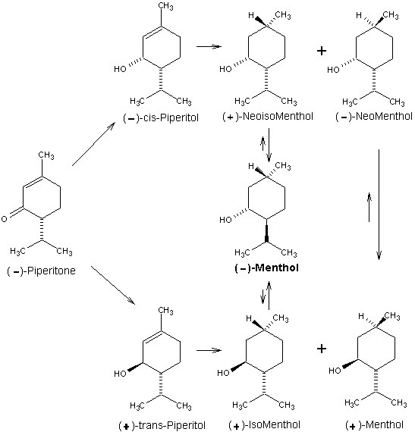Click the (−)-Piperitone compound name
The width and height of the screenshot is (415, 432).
click(x=42, y=271)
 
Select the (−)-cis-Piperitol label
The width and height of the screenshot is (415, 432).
click(x=161, y=118)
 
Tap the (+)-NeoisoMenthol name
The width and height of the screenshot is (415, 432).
click(x=268, y=116)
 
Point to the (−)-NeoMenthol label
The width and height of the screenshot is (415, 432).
click(x=374, y=116)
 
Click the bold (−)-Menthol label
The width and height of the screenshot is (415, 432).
click(x=266, y=268)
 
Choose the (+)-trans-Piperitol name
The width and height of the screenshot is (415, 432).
click(x=162, y=425)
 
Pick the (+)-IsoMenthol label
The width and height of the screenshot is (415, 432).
click(x=265, y=425)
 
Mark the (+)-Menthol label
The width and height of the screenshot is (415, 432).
click(x=374, y=425)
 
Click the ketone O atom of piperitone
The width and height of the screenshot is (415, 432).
click(x=4, y=219)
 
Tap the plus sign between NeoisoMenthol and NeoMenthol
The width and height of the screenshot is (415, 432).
click(x=322, y=51)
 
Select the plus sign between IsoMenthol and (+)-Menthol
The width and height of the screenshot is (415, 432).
click(x=322, y=349)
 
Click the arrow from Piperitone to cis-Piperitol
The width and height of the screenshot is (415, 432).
click(x=93, y=144)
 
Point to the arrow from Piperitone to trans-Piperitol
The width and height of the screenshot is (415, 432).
click(x=113, y=285)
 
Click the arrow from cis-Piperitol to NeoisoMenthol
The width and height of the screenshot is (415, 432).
click(x=209, y=46)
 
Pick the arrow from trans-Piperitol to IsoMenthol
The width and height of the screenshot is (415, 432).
click(x=209, y=350)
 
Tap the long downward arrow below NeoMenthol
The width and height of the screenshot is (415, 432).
click(x=379, y=205)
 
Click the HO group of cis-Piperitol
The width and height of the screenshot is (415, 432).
click(x=120, y=69)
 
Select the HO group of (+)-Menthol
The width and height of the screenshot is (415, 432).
click(x=335, y=371)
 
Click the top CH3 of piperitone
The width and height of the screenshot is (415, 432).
click(x=46, y=155)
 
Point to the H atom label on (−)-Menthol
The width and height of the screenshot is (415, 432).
click(x=251, y=166)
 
